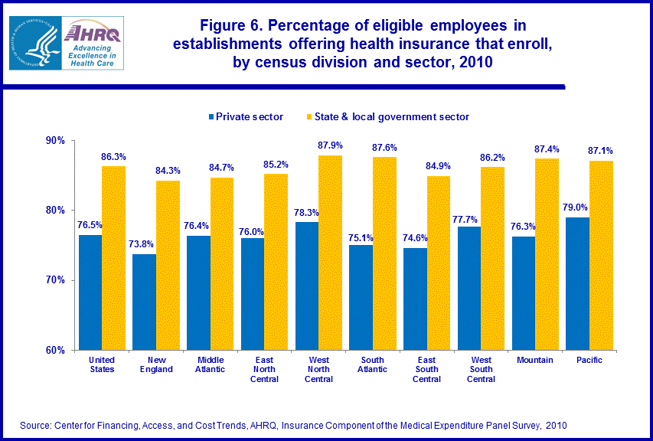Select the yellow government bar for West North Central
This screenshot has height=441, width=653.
click(330, 253)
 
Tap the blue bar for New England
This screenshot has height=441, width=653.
click(144, 302)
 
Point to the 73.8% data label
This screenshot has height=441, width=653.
click(143, 244)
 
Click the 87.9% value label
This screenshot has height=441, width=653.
click(331, 145)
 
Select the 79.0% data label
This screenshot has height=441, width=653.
click(576, 207)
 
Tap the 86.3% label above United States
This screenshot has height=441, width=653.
click(113, 156)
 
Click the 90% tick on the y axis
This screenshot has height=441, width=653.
click(55, 141)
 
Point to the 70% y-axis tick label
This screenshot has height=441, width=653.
click(55, 280)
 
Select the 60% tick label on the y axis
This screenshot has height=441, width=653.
click(55, 350)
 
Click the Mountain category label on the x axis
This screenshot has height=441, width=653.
click(535, 360)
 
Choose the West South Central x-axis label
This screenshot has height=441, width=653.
click(481, 369)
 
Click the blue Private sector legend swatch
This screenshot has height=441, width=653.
click(211, 117)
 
